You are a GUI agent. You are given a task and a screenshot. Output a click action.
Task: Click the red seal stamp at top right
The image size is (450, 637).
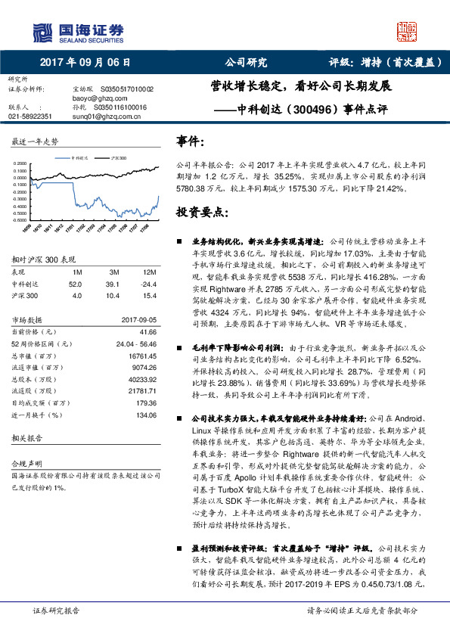point(408,31)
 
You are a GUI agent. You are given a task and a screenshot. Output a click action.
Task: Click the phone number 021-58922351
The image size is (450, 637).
point(30,117)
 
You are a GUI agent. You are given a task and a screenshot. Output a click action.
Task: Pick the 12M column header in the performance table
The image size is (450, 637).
point(149,272)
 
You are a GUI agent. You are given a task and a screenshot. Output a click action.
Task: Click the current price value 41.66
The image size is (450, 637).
point(148,331)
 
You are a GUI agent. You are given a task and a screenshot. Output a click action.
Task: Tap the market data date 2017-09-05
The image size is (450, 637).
point(139,320)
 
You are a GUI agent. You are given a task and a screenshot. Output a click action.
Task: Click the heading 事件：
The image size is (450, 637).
point(190,141)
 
